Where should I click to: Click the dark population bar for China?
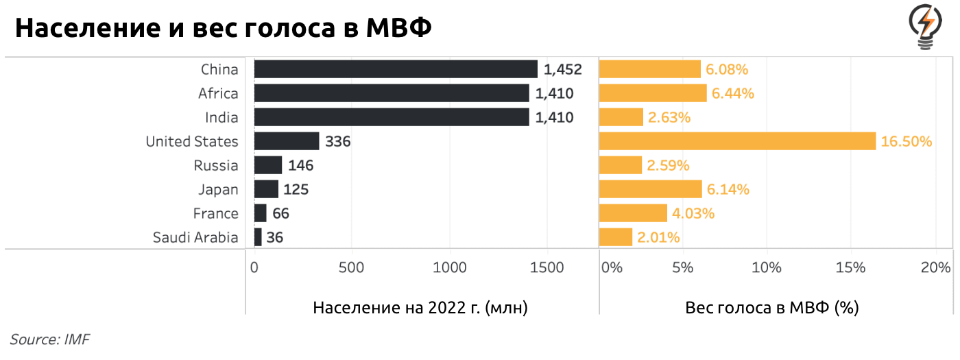tap(396, 69)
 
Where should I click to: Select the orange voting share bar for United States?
tap(737, 141)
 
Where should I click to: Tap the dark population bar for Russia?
tap(268, 165)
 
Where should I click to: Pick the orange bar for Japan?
tap(650, 189)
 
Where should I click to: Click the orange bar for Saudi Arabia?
tap(615, 237)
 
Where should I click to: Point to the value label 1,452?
tap(562, 69)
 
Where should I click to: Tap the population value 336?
tap(338, 141)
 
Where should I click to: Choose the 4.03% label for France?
tap(693, 213)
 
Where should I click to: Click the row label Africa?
tap(218, 93)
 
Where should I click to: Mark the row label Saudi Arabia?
tap(195, 237)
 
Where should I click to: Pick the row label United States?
tap(192, 141)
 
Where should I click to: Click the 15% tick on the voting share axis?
tap(851, 267)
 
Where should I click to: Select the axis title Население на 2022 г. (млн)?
tap(420, 308)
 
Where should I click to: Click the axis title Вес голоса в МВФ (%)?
tap(772, 308)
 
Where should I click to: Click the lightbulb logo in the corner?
tap(926, 27)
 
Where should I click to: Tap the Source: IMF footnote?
tap(50, 339)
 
